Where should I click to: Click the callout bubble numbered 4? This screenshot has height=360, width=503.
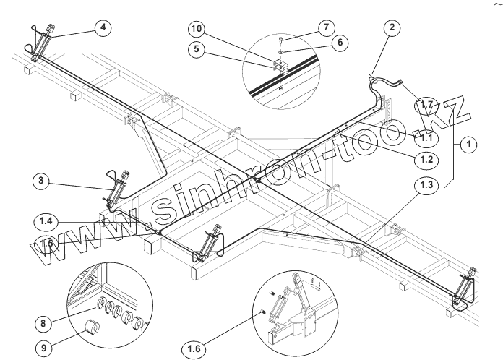pos(104,28)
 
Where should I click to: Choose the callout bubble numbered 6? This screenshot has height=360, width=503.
pos(335,43)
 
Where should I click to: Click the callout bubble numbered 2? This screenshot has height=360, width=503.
pos(391,28)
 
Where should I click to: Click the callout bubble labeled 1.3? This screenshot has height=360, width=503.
pos(426,187)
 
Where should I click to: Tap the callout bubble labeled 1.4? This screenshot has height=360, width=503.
pos(46,220)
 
